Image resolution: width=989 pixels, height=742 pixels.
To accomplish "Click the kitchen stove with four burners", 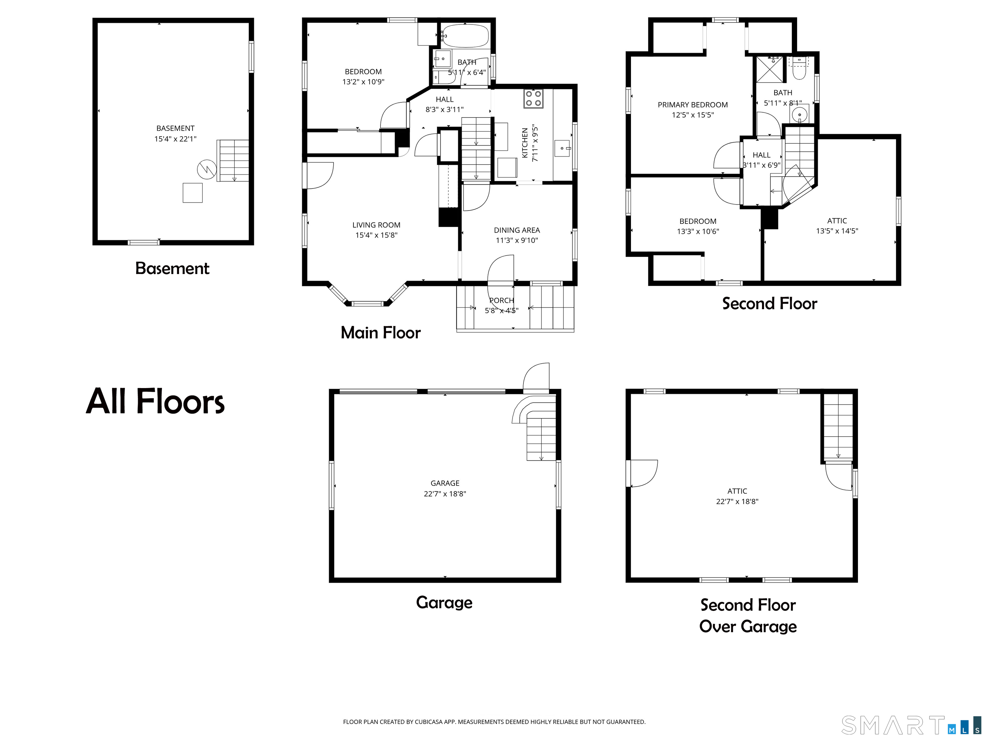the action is pos(533,99).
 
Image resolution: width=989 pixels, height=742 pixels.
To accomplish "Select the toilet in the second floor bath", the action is pos(798,68).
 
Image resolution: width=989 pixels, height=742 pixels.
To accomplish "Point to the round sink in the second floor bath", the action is pos(799,115).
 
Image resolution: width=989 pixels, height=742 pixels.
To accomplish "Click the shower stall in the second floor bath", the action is pos(770,69).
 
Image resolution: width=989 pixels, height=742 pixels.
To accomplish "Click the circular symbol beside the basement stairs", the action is pos(207,169).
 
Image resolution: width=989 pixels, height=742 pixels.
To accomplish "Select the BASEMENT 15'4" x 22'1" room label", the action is pos(175,134).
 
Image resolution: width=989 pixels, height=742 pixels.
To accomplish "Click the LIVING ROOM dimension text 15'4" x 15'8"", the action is pos(376,235).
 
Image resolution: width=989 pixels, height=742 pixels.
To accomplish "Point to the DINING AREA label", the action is pos(517,230).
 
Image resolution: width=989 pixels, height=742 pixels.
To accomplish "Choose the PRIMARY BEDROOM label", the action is pos(692,105).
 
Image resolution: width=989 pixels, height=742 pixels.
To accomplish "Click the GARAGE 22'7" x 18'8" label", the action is pos(445,489).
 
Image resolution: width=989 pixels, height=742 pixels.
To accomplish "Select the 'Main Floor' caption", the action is pos(381,333).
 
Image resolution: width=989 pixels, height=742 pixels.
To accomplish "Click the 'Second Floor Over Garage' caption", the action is pos(748,616).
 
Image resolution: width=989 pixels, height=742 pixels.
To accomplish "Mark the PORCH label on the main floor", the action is pos(502,300).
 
